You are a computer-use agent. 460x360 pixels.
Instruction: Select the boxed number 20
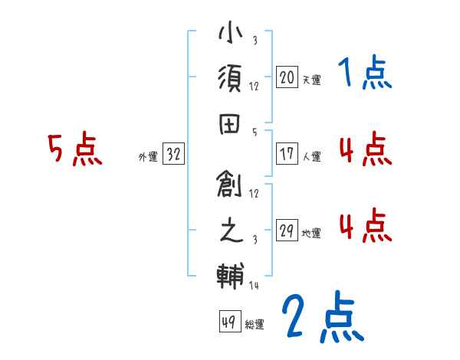[x=287, y=77]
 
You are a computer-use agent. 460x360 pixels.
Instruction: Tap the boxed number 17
[x=287, y=153]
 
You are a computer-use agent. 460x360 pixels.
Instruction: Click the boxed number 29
[x=287, y=230]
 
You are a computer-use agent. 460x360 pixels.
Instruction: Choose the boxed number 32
[x=173, y=154]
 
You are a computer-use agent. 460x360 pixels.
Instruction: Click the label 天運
[x=311, y=80]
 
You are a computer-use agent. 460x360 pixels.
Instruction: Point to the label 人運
[x=311, y=156]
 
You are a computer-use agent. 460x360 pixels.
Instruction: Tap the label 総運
[x=255, y=325]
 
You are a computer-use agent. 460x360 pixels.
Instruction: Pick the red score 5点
[x=74, y=150]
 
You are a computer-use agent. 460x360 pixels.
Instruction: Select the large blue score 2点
[x=320, y=318]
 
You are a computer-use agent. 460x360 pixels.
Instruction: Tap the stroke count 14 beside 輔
[x=255, y=285]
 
